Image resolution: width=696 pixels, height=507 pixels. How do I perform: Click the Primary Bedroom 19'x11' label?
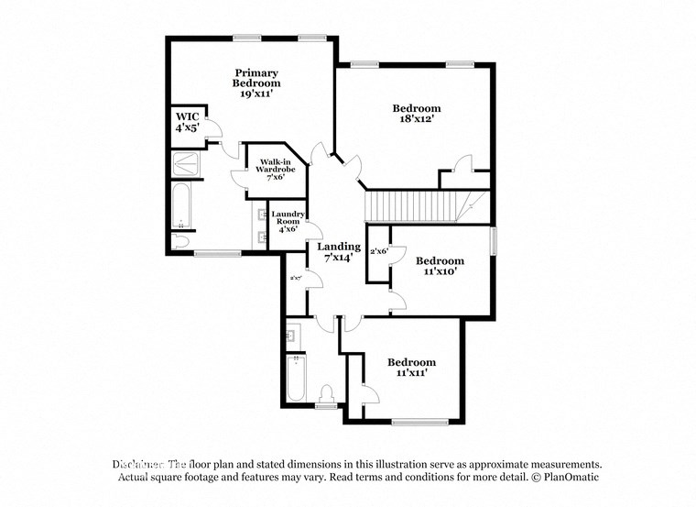tap(256, 83)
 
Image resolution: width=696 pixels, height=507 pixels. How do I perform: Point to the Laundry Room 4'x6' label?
tap(288, 221)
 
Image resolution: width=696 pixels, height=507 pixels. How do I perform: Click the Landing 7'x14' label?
tap(339, 253)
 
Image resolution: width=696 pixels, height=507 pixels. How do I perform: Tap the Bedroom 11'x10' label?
tap(439, 266)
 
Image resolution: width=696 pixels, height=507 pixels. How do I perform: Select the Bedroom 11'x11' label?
tap(411, 367)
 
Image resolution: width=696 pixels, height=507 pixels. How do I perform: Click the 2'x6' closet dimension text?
tap(378, 250)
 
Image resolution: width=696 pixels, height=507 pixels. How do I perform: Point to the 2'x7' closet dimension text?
tap(296, 278)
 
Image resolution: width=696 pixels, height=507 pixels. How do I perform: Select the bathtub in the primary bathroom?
tap(180, 207)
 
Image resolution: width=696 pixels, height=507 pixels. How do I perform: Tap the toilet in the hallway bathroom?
tap(324, 398)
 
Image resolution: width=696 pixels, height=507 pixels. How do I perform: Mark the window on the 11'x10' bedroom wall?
tap(494, 240)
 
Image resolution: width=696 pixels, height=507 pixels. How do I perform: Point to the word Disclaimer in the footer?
tap(138, 464)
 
